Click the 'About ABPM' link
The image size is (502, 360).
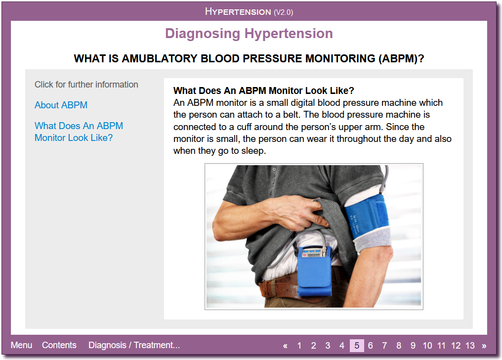61,105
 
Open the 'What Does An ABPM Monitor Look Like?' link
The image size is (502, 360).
79,132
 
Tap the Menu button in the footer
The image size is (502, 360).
21,345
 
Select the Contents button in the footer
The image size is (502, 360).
59,345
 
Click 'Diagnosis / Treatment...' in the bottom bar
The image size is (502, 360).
134,345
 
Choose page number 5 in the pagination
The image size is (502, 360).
357,346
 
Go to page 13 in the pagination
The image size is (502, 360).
470,346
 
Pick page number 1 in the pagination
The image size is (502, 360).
299,346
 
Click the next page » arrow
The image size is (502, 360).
484,346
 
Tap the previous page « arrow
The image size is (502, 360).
285,346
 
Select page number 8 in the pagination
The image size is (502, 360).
399,346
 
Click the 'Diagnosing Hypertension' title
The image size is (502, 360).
249,34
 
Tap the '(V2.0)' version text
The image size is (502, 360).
283,12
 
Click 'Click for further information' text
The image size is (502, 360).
86,85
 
